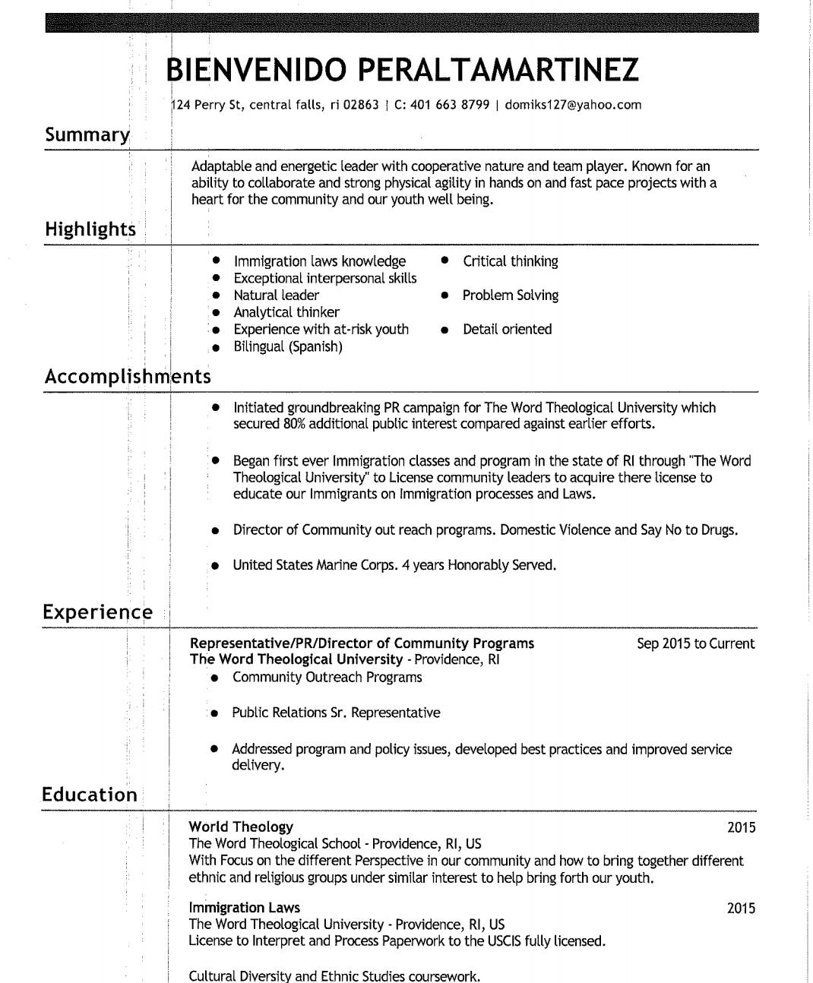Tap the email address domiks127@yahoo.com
[573, 105]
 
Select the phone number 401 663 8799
[449, 105]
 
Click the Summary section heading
[87, 135]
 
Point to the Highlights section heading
[90, 229]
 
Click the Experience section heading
[97, 612]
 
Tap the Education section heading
[90, 795]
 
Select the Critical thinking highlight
[510, 261]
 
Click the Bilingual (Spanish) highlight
[287, 346]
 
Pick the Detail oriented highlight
[507, 329]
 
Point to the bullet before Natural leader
[216, 296]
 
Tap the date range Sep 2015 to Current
[695, 643]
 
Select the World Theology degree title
[241, 827]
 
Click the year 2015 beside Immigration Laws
[741, 908]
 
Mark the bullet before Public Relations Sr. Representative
[215, 713]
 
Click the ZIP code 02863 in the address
[360, 105]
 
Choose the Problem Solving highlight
[510, 296]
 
